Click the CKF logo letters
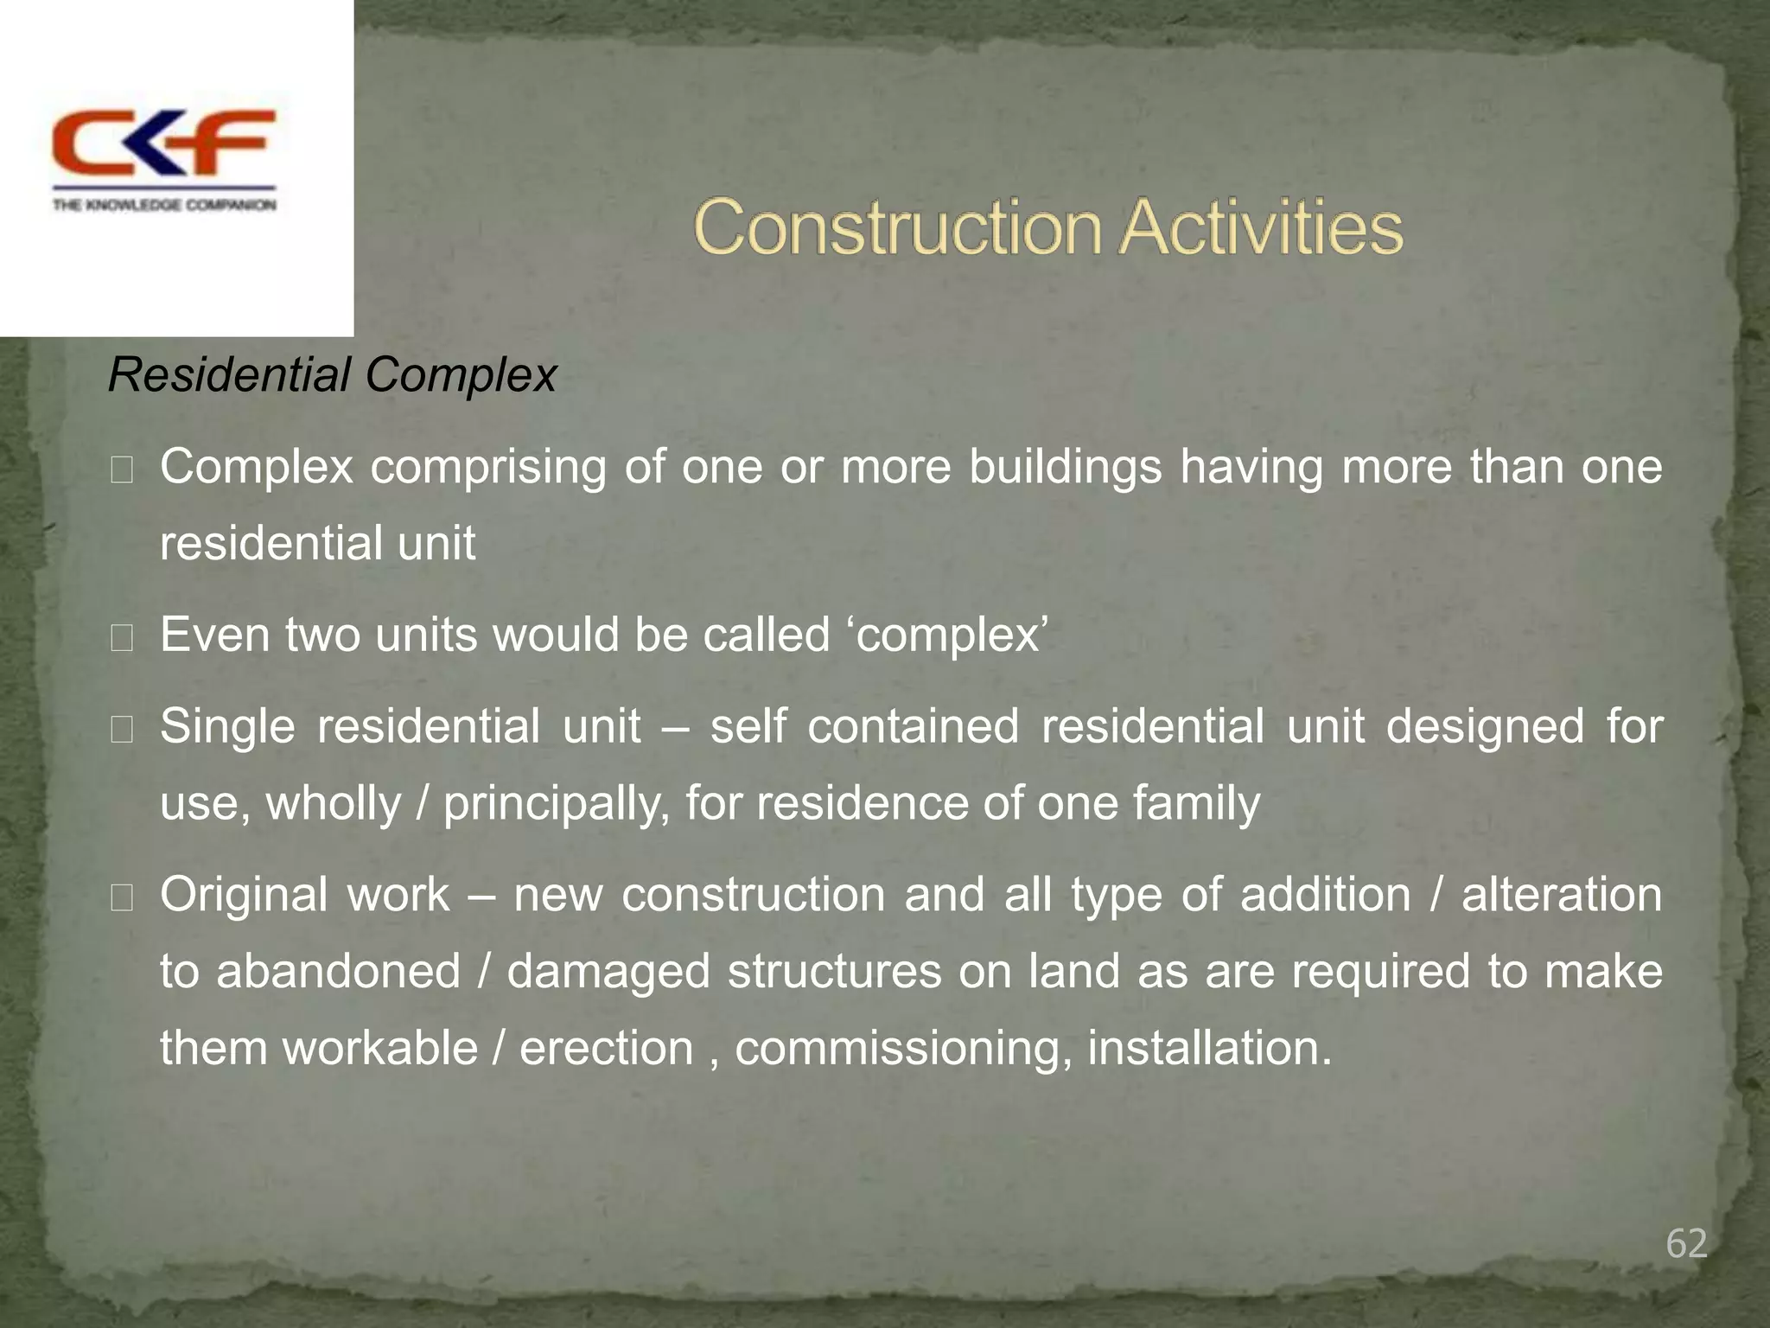point(163,143)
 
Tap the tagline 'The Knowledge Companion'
point(164,205)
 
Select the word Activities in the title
point(1261,227)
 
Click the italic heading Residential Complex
point(332,375)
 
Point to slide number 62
point(1686,1243)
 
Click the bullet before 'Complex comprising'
point(122,470)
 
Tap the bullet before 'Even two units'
point(122,638)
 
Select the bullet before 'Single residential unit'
point(122,730)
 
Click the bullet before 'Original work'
point(122,898)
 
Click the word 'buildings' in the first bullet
point(1065,467)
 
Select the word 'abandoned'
point(338,971)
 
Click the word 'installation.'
point(1209,1048)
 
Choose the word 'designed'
point(1485,726)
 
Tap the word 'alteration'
point(1561,894)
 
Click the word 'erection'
point(607,1048)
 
